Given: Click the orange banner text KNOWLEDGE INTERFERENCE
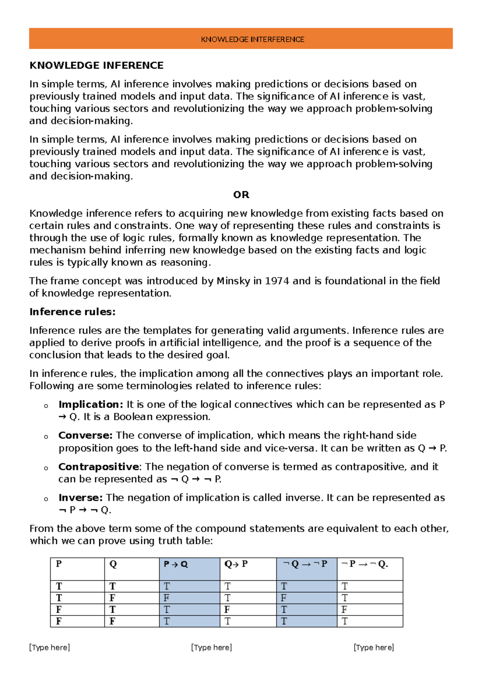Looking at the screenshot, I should pyautogui.click(x=252, y=39).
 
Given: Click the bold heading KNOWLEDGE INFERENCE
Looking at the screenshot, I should pyautogui.click(x=96, y=65).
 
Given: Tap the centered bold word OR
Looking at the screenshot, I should pyautogui.click(x=241, y=195).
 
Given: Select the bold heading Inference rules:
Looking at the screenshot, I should pyautogui.click(x=72, y=312).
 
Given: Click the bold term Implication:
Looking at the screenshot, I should pyautogui.click(x=91, y=404).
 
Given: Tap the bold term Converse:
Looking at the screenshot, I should pyautogui.click(x=86, y=435).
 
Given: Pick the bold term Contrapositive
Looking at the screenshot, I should pyautogui.click(x=98, y=467).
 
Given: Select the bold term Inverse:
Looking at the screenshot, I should pyautogui.click(x=81, y=497).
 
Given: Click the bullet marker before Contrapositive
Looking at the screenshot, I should pyautogui.click(x=46, y=468).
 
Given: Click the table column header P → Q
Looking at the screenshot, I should pyautogui.click(x=176, y=564).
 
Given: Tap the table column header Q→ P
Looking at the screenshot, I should pyautogui.click(x=236, y=564).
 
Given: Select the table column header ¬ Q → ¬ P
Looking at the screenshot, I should pyautogui.click(x=305, y=564).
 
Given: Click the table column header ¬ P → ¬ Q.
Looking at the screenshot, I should pyautogui.click(x=364, y=564).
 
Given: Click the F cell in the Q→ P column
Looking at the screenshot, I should pyautogui.click(x=227, y=610).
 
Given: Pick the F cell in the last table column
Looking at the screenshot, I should pyautogui.click(x=344, y=610).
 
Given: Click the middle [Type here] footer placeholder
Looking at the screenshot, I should pyautogui.click(x=212, y=647).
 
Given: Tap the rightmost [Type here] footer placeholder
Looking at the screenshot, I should pyautogui.click(x=374, y=647).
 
